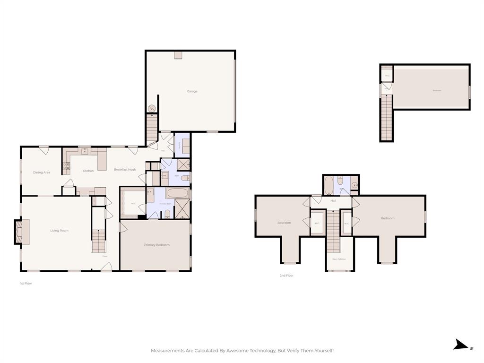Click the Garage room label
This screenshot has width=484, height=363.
[192, 91]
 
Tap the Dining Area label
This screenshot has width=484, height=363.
[42, 173]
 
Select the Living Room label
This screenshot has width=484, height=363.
[60, 231]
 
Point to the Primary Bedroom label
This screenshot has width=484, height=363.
[156, 245]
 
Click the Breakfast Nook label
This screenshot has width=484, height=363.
[125, 170]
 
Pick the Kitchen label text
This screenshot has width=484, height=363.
[88, 171]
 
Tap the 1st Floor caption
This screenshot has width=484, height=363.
[26, 283]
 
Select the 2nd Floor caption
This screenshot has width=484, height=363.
[286, 275]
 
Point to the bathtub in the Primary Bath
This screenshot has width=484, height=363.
[178, 193]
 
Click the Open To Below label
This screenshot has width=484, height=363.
[339, 259]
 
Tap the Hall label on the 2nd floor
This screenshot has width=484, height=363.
[333, 201]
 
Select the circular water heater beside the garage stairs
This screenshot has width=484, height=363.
[152, 109]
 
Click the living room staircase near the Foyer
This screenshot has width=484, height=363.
[98, 241]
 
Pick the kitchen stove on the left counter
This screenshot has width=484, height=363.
[67, 166]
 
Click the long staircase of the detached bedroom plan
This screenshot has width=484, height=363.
[387, 118]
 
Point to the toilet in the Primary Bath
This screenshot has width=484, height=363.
[167, 214]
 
